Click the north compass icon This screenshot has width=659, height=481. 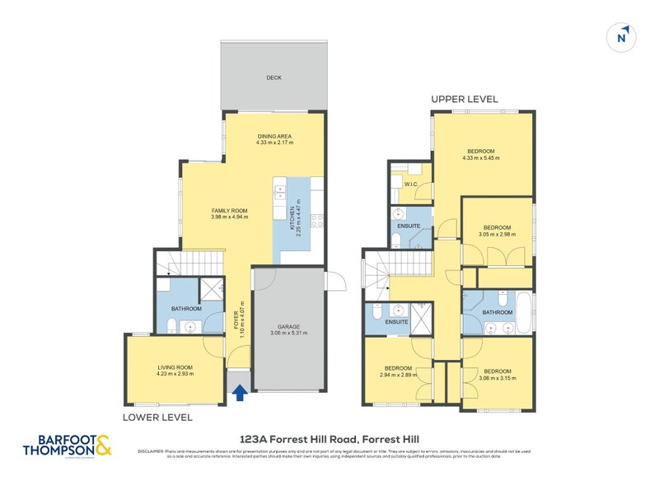[x=623, y=36]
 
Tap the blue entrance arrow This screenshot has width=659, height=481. [x=240, y=394]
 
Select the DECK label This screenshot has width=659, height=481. [x=273, y=78]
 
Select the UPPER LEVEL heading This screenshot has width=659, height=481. [x=465, y=99]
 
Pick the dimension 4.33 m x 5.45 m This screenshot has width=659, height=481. [x=481, y=158]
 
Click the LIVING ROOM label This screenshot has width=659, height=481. [x=175, y=367]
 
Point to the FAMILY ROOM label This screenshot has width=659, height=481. [x=229, y=211]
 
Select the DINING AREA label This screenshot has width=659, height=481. [x=274, y=137]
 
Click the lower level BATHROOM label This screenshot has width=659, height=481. [x=187, y=309]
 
